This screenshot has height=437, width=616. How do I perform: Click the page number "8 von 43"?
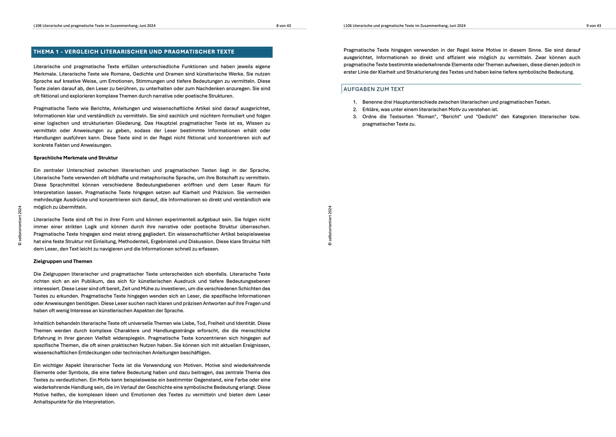[284, 26]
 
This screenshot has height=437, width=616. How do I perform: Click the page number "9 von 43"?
[594, 26]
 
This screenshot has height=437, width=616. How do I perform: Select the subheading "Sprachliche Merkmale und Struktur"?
[76, 158]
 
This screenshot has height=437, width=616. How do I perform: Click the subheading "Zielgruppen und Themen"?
[63, 261]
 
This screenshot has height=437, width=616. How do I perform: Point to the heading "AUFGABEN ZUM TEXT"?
[374, 89]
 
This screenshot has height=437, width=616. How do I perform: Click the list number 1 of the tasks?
[355, 102]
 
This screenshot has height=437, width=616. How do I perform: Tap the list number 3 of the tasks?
[355, 117]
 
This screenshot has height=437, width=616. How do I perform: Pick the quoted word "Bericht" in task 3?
[451, 117]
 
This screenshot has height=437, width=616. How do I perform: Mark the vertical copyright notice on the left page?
[20, 226]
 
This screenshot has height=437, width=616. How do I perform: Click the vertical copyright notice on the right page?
[330, 226]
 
